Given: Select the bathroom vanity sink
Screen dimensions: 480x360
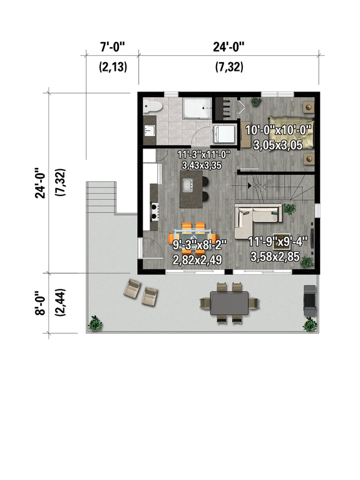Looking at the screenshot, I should pyautogui.click(x=149, y=130).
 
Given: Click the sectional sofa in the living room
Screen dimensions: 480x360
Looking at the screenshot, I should pyautogui.click(x=258, y=217).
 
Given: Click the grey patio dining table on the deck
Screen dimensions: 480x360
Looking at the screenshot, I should pyautogui.click(x=229, y=303).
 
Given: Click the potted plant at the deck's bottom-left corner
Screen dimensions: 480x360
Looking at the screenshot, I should pyautogui.click(x=96, y=323).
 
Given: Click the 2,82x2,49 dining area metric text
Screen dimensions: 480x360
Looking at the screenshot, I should pyautogui.click(x=197, y=258).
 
